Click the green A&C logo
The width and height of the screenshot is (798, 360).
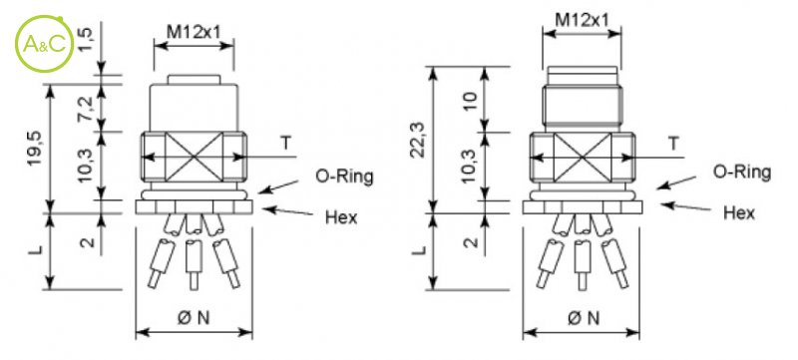point(45,44)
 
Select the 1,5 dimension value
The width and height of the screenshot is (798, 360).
point(86,40)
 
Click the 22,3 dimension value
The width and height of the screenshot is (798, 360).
point(419,140)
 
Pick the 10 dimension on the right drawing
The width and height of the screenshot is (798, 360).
point(470,101)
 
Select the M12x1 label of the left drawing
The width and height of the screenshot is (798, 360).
point(194,32)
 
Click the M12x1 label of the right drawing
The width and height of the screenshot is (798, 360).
point(582,20)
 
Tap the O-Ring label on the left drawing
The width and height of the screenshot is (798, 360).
point(344,177)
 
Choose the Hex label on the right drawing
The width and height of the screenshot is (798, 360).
point(739,212)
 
